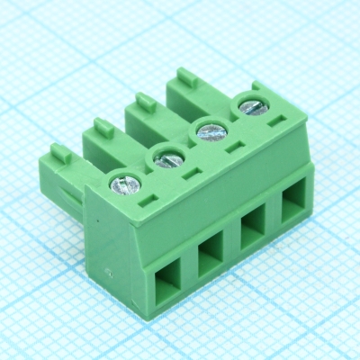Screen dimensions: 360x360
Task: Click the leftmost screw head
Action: coord(124,185)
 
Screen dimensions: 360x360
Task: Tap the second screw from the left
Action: coord(168,158)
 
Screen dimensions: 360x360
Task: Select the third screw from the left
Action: coord(211,131)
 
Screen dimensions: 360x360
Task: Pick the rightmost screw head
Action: coord(251,108)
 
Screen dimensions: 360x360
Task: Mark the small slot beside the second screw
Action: coord(191,173)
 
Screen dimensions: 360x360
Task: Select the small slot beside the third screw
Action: coord(231,147)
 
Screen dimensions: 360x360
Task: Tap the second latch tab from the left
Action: coord(103,128)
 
